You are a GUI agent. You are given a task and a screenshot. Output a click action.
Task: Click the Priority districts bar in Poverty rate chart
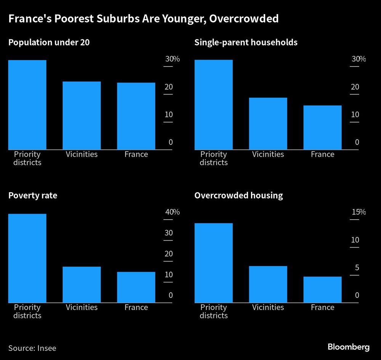27,258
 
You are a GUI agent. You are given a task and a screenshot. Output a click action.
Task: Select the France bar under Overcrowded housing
322,289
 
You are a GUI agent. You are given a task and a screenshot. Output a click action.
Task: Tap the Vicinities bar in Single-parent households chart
268,124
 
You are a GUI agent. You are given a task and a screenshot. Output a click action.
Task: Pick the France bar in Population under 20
136,116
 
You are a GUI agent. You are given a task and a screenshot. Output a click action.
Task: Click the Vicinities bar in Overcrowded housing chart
268,284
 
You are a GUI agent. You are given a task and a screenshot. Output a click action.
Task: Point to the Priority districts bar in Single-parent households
213,104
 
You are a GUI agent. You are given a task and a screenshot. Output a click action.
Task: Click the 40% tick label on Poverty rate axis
172,212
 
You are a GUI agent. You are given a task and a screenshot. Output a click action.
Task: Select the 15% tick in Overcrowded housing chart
358,212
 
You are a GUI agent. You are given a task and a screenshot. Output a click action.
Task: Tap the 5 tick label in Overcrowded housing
357,268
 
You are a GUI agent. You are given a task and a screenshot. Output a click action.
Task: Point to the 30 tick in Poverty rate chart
168,233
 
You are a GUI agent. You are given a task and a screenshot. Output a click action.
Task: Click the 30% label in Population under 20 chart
172,59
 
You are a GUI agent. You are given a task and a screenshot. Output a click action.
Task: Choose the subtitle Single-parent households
246,42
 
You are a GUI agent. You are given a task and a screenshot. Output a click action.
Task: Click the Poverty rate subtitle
33,196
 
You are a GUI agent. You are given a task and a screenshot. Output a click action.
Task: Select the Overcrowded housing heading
239,196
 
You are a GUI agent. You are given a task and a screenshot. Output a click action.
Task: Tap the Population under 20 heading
49,42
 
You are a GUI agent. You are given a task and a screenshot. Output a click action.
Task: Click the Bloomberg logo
349,347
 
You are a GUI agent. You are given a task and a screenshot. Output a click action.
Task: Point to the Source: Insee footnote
32,348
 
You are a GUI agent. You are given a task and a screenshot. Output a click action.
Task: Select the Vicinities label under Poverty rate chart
82,307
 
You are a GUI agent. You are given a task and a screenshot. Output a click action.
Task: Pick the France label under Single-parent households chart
322,154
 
